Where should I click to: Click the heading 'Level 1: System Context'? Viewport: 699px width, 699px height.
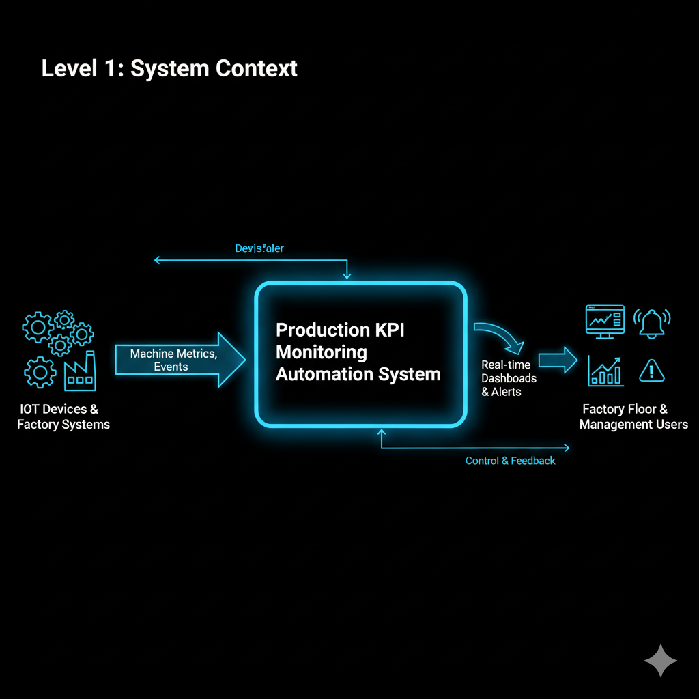(x=169, y=69)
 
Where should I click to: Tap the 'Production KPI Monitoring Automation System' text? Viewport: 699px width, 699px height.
(x=358, y=352)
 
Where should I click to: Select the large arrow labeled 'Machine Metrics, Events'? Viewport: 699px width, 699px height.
(x=179, y=360)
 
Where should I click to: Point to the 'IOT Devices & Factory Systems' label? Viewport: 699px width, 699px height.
(x=63, y=416)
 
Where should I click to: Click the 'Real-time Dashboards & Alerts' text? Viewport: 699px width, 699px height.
(x=509, y=378)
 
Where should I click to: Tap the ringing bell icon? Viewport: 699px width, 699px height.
(x=652, y=322)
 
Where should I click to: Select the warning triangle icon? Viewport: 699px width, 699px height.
(x=652, y=371)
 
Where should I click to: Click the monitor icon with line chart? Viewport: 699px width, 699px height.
(x=605, y=321)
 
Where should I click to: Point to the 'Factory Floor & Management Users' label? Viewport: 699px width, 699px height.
(x=633, y=416)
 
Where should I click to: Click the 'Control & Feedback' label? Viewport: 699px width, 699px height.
(x=510, y=461)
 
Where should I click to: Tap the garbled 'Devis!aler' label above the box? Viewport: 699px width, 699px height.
(x=259, y=248)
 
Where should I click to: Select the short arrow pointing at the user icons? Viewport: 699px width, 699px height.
(x=558, y=360)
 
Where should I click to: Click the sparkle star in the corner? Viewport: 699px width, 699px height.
(x=660, y=661)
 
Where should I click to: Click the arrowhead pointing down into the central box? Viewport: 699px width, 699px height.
(x=347, y=275)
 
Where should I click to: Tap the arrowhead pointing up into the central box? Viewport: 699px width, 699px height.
(x=382, y=432)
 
